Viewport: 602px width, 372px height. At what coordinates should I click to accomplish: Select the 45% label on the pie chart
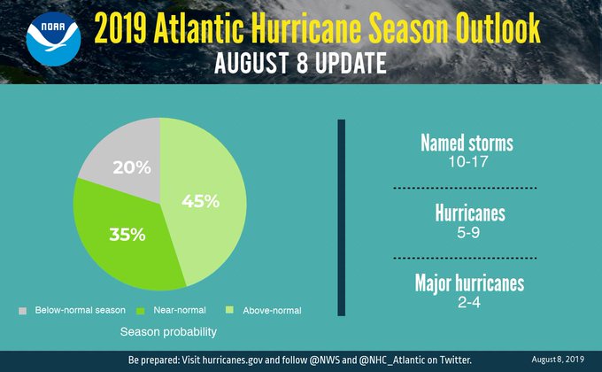(x=201, y=201)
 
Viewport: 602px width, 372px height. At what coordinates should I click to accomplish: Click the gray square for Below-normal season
(x=22, y=311)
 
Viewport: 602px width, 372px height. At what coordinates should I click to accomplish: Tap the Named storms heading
(x=467, y=143)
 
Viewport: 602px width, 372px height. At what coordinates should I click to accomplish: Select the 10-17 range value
(x=467, y=162)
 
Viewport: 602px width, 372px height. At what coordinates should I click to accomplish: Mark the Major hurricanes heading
(x=469, y=283)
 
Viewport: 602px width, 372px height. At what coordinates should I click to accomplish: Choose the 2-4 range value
(x=469, y=302)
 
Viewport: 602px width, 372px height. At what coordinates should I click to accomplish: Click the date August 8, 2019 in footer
(x=560, y=359)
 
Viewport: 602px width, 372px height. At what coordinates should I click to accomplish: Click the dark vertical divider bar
(x=340, y=216)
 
